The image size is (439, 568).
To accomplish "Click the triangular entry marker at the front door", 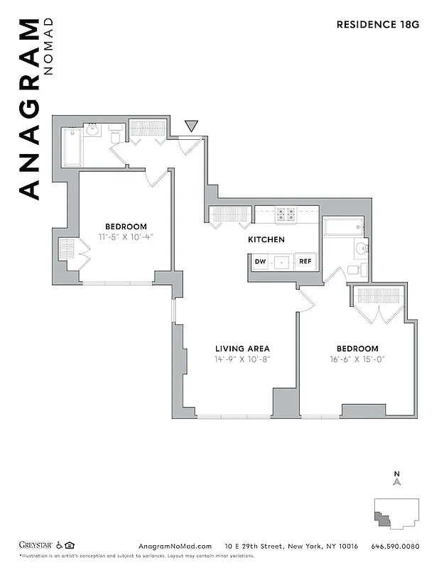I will pos(190,126).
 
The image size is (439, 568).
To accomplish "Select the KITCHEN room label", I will pos(266,240).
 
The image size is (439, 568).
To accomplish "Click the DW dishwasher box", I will pos(261,262).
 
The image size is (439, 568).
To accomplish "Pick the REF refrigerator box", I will pos(305,262).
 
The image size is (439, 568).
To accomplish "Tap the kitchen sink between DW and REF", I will pos(283,262).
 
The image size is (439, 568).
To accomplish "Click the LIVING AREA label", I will pos(242,349).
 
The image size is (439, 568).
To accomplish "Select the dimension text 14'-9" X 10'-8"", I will pos(242,359).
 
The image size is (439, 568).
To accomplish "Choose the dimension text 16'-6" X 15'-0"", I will pos(357,359).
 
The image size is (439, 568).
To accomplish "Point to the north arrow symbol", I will pos(398,481).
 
